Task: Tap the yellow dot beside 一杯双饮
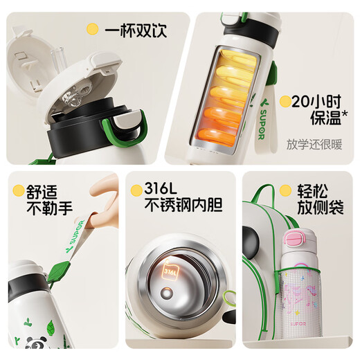[x=91, y=30]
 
